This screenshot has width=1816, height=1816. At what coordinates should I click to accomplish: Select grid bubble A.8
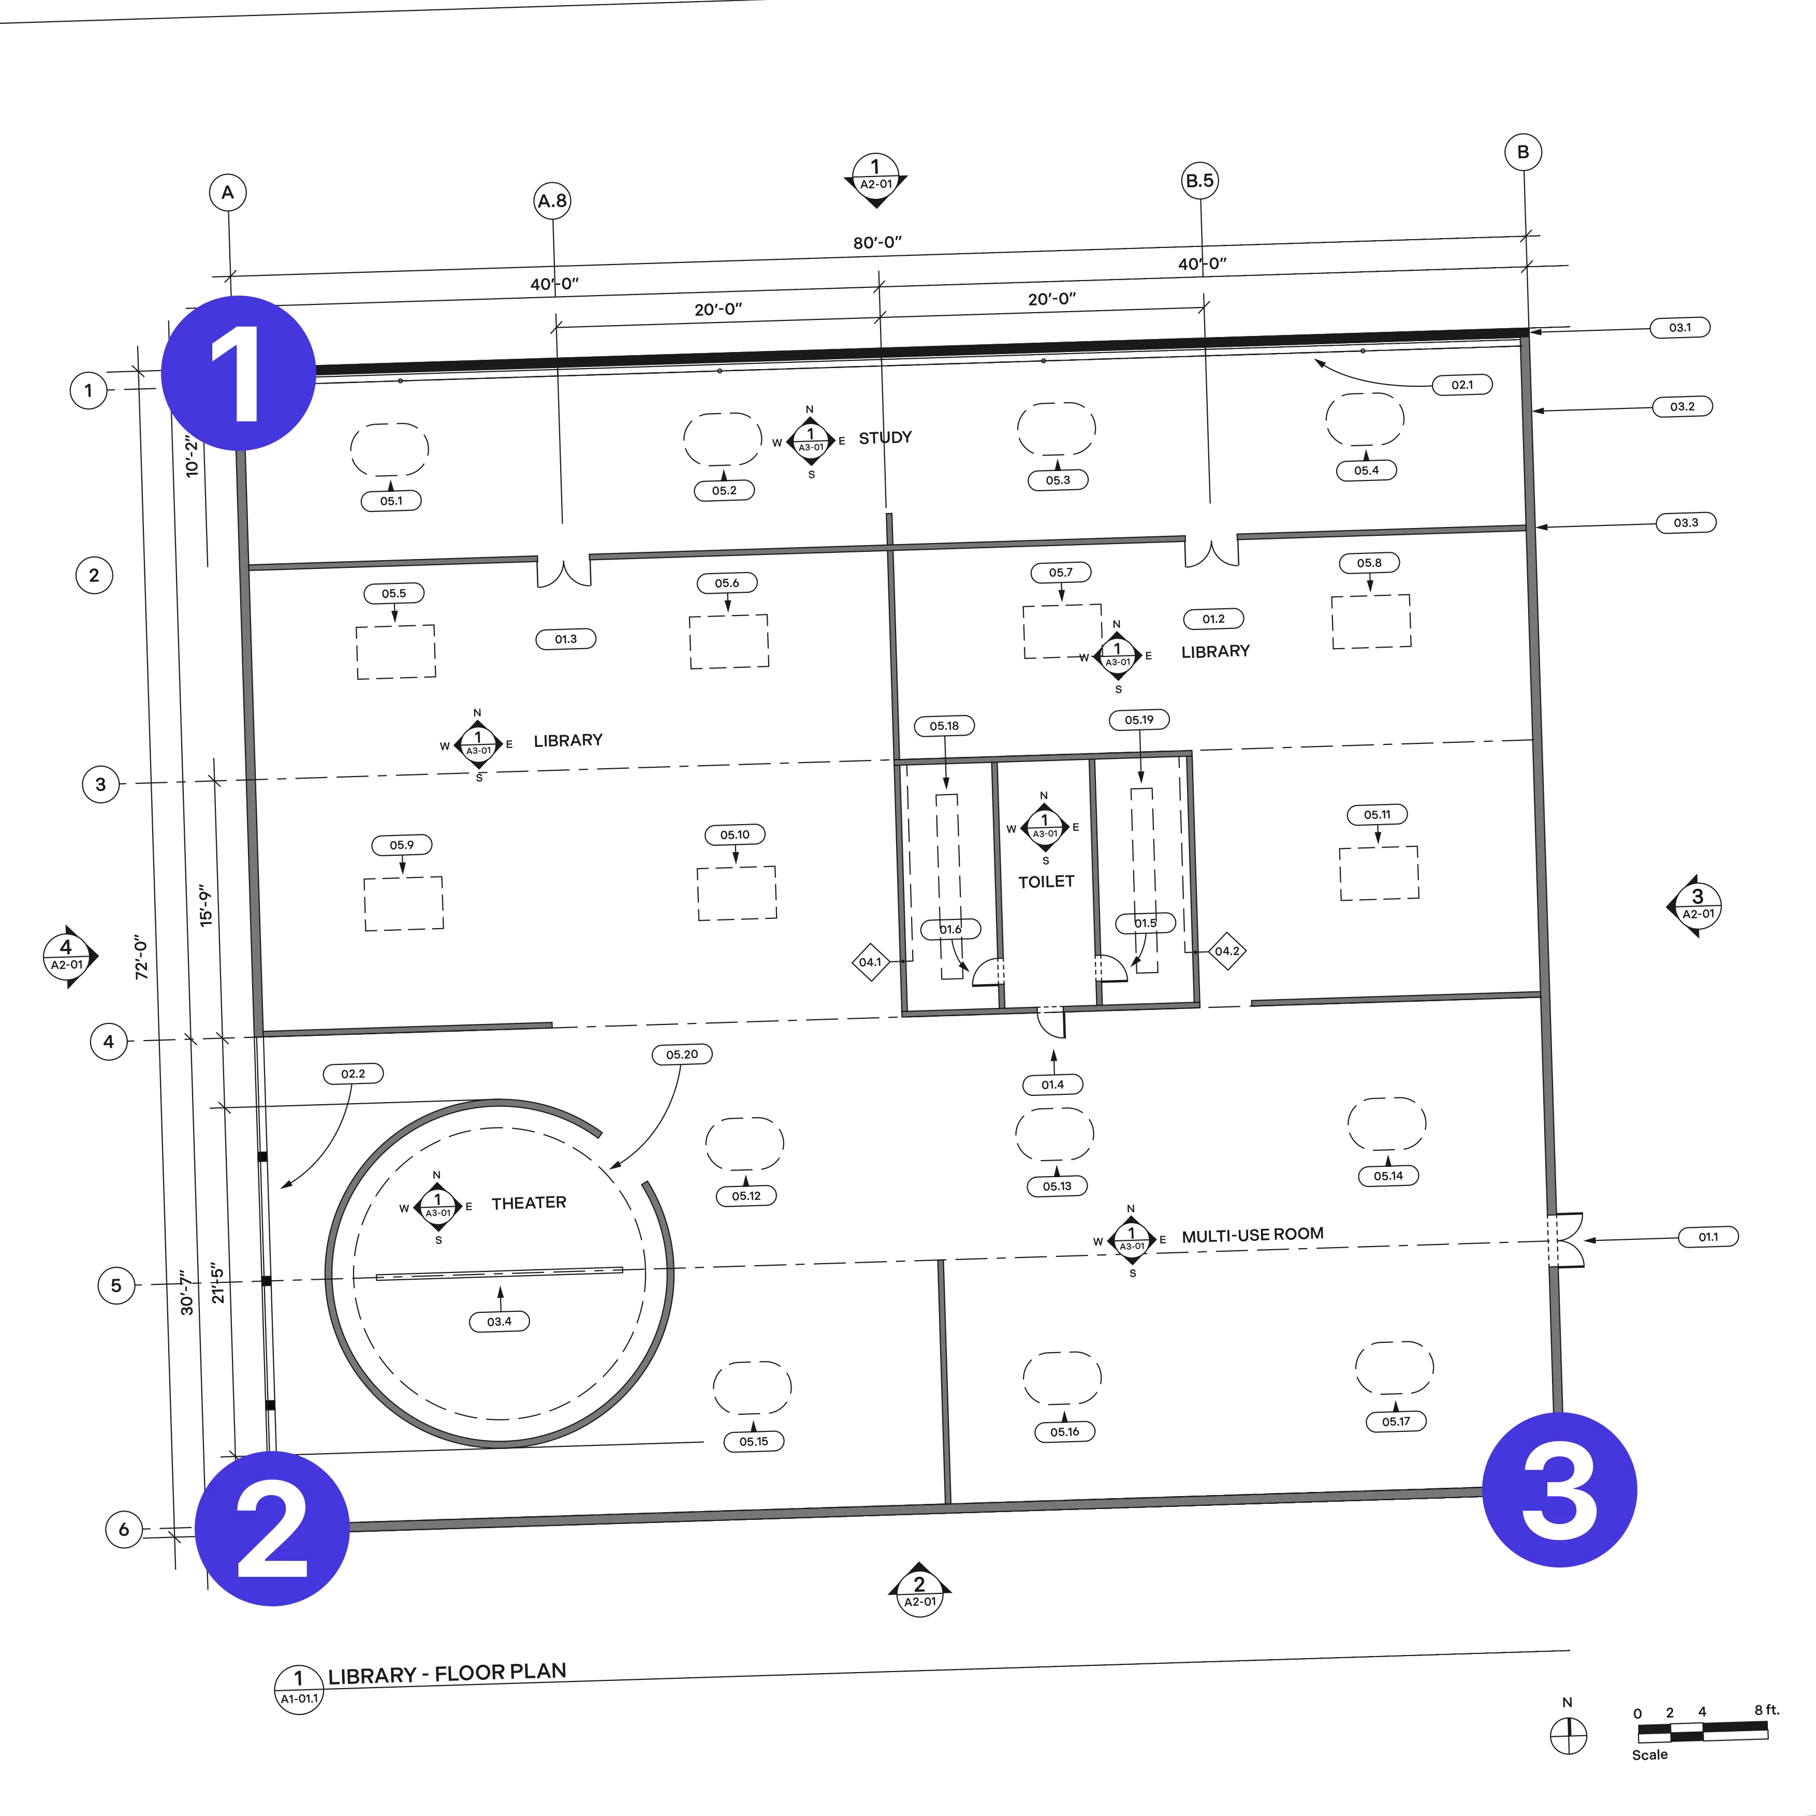553,200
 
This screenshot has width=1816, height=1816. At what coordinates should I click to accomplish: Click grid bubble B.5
1199,181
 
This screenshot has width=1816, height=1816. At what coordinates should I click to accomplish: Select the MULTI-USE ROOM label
1252,1235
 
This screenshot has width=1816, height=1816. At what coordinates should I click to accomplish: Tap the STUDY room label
885,438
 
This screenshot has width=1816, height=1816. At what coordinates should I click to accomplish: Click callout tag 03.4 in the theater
499,1322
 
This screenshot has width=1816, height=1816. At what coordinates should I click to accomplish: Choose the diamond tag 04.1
870,961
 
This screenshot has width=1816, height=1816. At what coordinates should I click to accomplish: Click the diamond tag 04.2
1227,951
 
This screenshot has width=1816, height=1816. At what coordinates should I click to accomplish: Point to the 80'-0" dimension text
877,242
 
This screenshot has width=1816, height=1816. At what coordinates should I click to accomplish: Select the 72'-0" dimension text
142,957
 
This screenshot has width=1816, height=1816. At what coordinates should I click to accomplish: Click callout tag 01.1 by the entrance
1708,1237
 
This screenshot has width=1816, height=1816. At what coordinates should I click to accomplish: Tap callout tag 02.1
1461,385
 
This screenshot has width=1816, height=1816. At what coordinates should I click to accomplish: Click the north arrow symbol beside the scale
1568,1735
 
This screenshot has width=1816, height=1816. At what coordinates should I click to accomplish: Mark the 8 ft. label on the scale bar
1766,1710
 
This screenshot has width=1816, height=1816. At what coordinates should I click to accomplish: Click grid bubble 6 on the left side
124,1529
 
